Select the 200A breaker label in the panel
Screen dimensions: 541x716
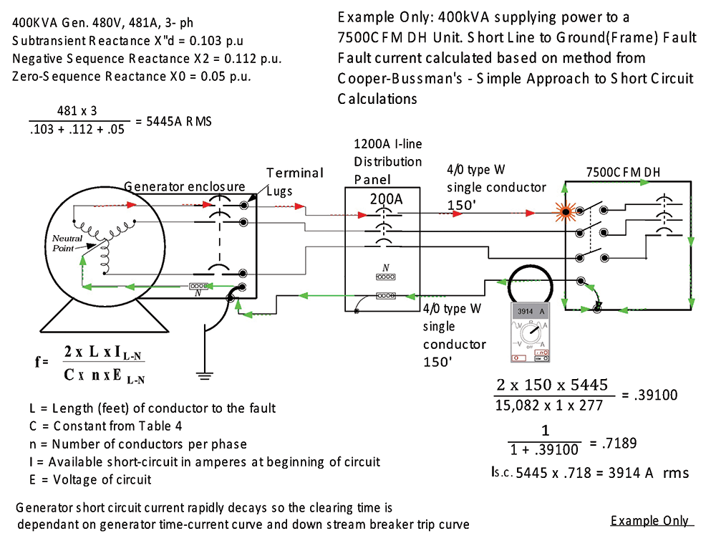pyautogui.click(x=386, y=198)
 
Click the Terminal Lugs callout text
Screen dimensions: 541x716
pyautogui.click(x=294, y=179)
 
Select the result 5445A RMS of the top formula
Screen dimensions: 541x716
pyautogui.click(x=180, y=122)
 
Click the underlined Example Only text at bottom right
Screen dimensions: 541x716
pyautogui.click(x=649, y=521)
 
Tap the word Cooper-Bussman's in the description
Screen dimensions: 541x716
pyautogui.click(x=398, y=78)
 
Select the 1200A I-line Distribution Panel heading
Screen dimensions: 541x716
pyautogui.click(x=388, y=161)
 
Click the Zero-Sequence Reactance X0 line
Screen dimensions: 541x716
pyautogui.click(x=131, y=76)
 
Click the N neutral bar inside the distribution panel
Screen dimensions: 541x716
pyautogui.click(x=386, y=274)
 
